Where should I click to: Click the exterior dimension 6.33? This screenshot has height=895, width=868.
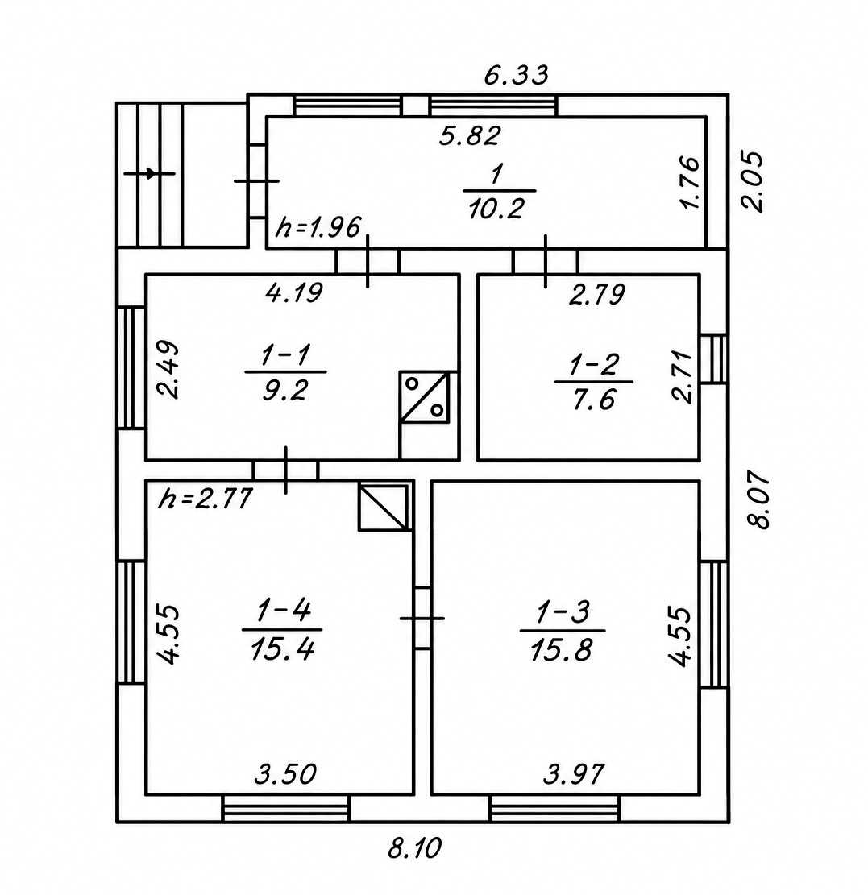(x=517, y=75)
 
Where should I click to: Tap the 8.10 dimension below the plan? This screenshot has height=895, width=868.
(x=415, y=848)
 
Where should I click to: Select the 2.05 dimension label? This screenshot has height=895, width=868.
(x=752, y=181)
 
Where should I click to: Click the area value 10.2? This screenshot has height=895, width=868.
(x=496, y=209)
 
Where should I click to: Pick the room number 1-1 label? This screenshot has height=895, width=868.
(x=285, y=355)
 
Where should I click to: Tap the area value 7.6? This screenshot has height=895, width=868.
(x=594, y=399)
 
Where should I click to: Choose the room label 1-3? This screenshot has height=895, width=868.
(x=563, y=612)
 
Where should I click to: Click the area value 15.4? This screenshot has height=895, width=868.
(x=283, y=648)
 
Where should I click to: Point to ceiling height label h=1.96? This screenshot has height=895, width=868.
(x=318, y=228)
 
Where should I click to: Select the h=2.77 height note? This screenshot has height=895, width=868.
(x=206, y=499)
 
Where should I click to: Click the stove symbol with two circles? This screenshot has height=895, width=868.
(x=424, y=397)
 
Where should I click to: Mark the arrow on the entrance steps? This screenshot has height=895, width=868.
(x=149, y=173)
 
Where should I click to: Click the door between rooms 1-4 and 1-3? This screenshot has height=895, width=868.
(x=422, y=618)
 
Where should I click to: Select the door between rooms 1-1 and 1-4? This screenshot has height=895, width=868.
(x=285, y=470)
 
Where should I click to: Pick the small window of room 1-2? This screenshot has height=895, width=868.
(x=714, y=359)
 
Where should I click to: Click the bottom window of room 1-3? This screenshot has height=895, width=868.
(x=554, y=809)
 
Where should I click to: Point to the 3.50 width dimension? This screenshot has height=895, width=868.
(x=285, y=774)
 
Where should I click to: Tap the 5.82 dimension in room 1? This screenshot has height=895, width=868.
(x=470, y=135)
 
